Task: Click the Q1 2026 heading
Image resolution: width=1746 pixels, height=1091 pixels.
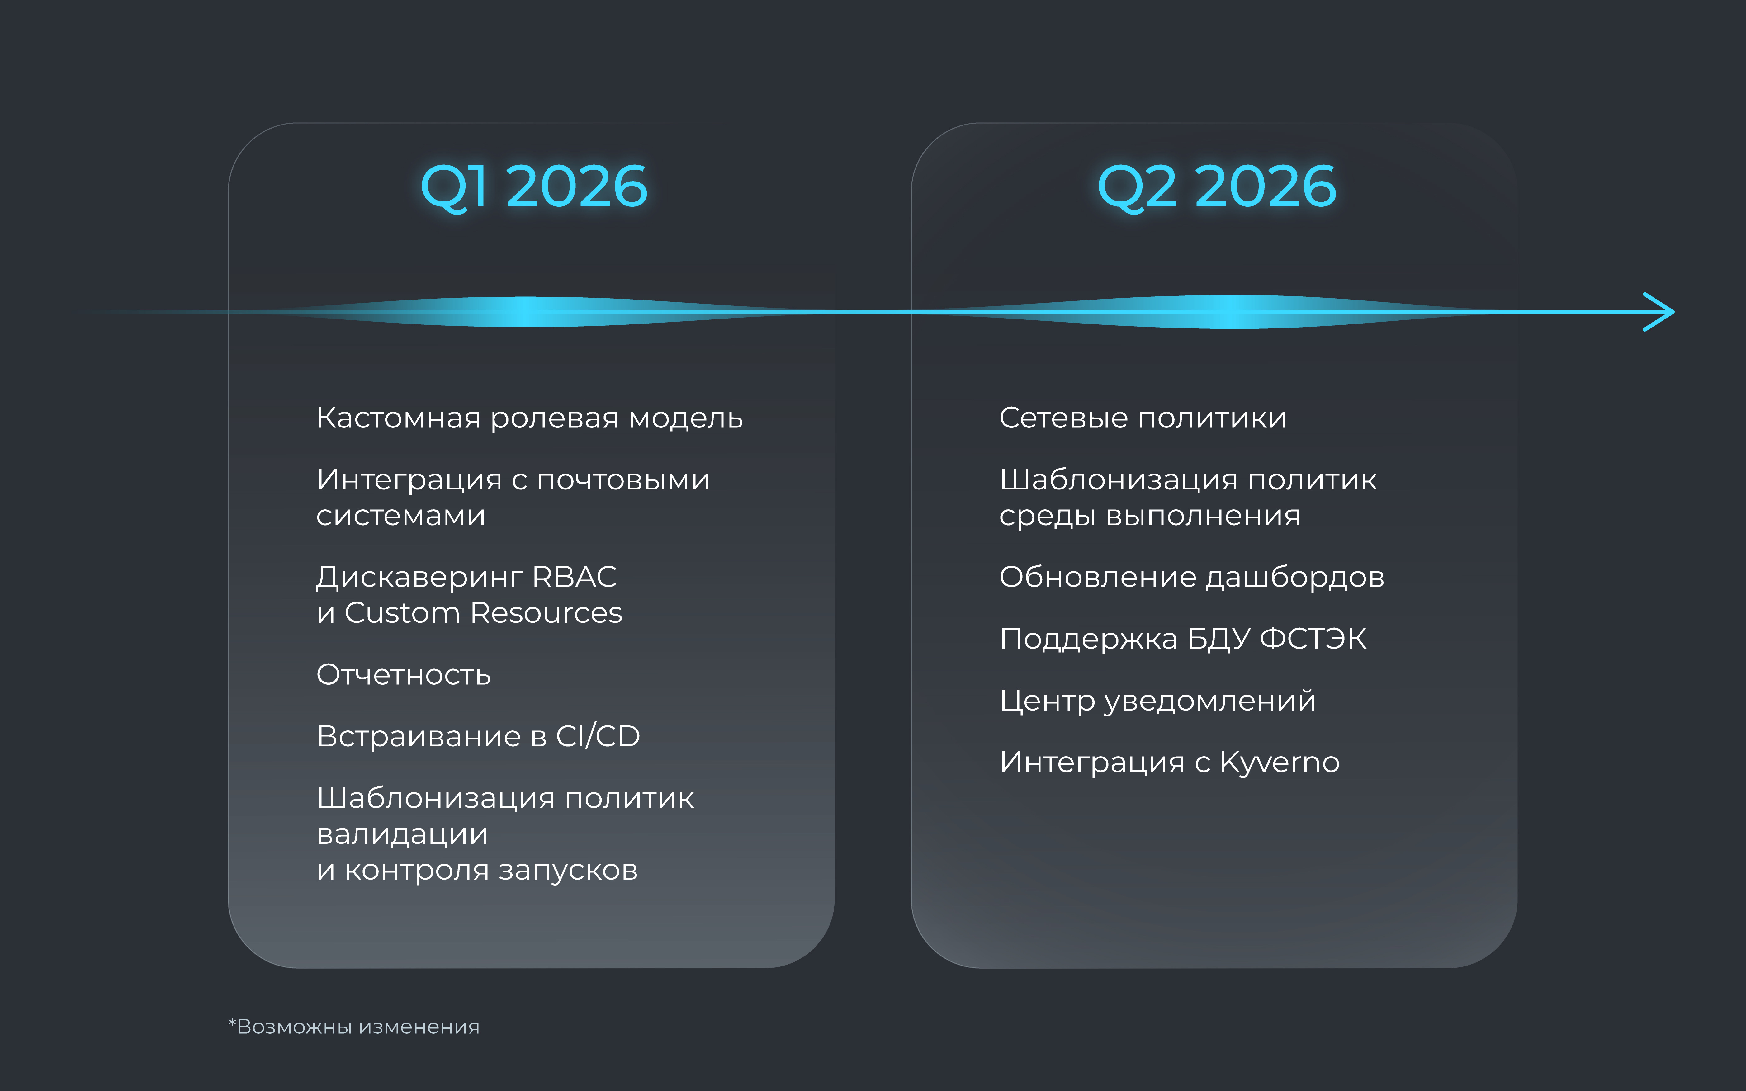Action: [x=534, y=187]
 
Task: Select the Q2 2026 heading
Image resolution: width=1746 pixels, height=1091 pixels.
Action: [x=1216, y=187]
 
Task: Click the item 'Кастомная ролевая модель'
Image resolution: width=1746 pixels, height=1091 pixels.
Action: [x=530, y=418]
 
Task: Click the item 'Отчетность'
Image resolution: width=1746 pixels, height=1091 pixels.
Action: [x=403, y=675]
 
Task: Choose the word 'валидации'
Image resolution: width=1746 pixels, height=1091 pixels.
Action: [x=402, y=834]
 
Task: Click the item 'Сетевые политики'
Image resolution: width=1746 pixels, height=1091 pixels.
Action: [x=1143, y=418]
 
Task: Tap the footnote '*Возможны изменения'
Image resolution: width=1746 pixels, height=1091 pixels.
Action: [x=353, y=1026]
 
